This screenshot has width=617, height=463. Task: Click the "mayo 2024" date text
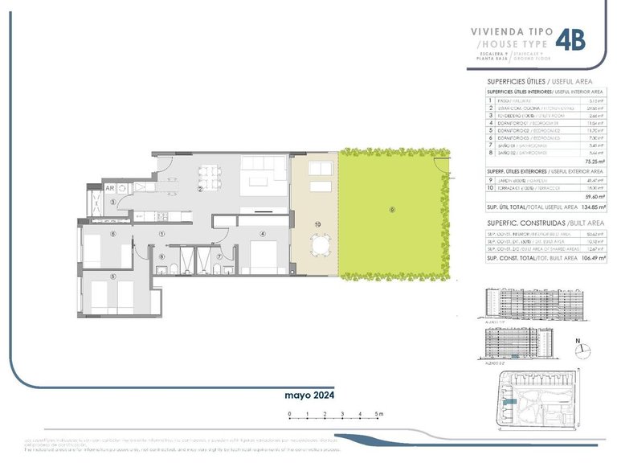(308, 395)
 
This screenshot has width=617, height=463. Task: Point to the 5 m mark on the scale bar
(379, 415)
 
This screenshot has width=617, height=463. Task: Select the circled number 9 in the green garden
(392, 211)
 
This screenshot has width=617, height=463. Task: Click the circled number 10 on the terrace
(318, 223)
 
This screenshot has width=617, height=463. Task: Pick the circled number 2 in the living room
(200, 190)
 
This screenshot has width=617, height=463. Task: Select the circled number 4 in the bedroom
(262, 234)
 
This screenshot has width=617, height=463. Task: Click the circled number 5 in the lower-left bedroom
(113, 277)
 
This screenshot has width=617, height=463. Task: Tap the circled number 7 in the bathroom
(219, 257)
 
